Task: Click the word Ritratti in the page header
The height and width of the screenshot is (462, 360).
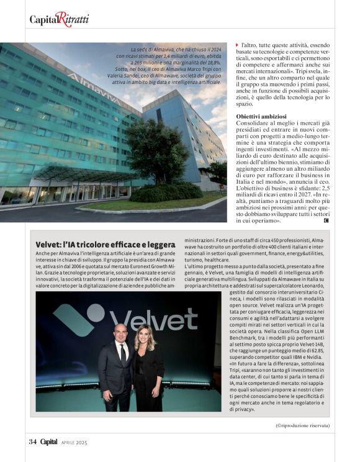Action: (x=72, y=19)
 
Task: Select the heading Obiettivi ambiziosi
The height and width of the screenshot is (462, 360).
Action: (x=261, y=117)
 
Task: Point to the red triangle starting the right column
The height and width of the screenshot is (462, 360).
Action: (x=237, y=45)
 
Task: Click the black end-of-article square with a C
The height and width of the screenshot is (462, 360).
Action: (x=326, y=220)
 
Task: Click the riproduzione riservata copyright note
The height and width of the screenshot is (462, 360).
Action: (x=302, y=425)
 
